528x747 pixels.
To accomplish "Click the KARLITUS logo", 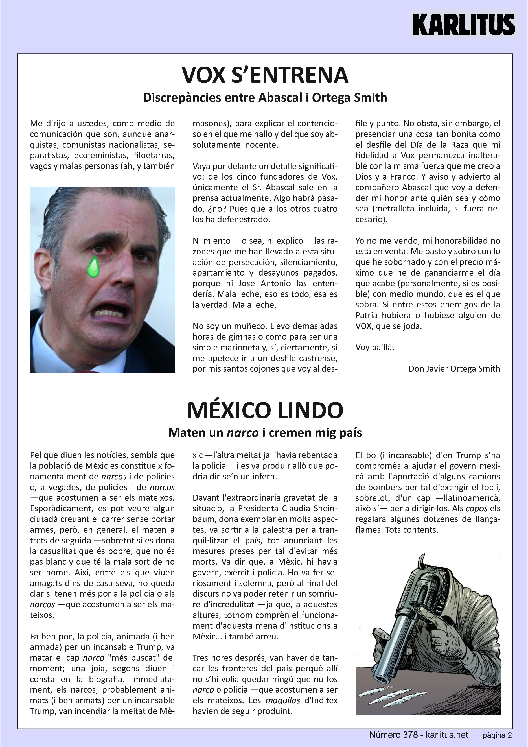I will [464, 24].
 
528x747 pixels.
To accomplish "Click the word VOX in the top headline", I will [203, 75].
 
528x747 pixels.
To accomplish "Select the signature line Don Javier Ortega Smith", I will [454, 369].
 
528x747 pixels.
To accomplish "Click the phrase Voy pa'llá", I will [374, 347].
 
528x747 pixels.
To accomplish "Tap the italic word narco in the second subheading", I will [242, 433].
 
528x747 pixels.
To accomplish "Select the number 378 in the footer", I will [410, 735].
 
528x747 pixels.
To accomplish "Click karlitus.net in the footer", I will [447, 735].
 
